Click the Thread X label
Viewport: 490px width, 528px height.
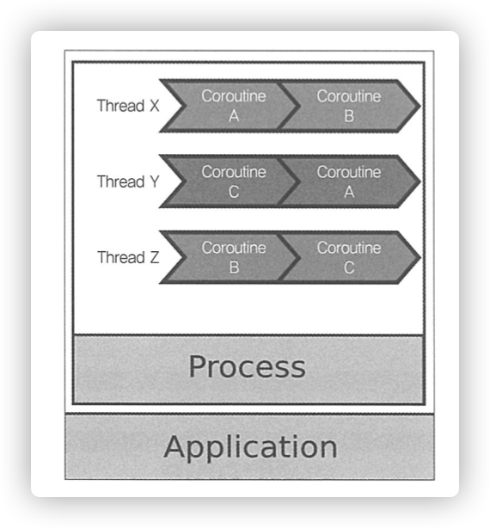click(128, 106)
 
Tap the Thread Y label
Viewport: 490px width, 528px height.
click(128, 181)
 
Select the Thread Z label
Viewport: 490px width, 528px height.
click(128, 257)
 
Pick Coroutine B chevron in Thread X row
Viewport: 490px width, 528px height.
click(350, 106)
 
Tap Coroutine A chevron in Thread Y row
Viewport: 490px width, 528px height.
click(350, 181)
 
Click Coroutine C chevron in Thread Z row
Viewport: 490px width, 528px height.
click(350, 257)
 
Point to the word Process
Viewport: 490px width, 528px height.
click(248, 367)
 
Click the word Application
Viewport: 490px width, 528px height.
click(251, 447)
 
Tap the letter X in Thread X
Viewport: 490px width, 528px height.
click(155, 106)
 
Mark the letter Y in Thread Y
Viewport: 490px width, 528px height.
click(155, 181)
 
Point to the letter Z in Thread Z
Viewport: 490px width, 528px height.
click(155, 258)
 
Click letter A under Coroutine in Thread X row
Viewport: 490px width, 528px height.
click(234, 116)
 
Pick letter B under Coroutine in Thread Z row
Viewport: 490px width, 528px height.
click(234, 267)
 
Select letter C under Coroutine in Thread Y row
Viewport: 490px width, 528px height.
click(234, 192)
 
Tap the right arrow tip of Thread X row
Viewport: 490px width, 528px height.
click(420, 106)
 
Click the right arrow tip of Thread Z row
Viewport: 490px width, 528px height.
click(420, 258)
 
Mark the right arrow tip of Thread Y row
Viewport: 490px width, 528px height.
click(420, 181)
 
